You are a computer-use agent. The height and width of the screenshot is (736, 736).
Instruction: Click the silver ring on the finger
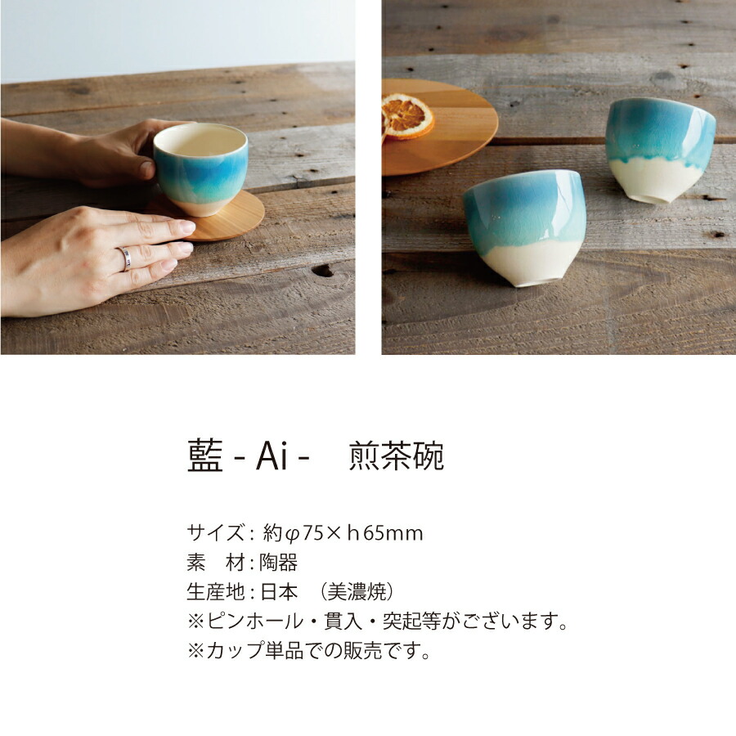point(126,258)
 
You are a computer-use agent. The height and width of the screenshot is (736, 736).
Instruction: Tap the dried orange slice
point(406,115)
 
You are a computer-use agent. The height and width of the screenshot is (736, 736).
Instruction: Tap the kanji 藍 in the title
point(204,456)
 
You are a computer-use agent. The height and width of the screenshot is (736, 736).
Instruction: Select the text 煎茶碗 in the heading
point(397,456)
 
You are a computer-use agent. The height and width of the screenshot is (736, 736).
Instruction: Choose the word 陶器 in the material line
point(278,563)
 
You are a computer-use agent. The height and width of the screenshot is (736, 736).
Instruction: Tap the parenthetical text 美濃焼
point(358,591)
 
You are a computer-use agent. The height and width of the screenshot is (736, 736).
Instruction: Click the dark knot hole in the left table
point(323,270)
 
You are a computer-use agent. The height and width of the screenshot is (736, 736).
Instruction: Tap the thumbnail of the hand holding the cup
point(177,177)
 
